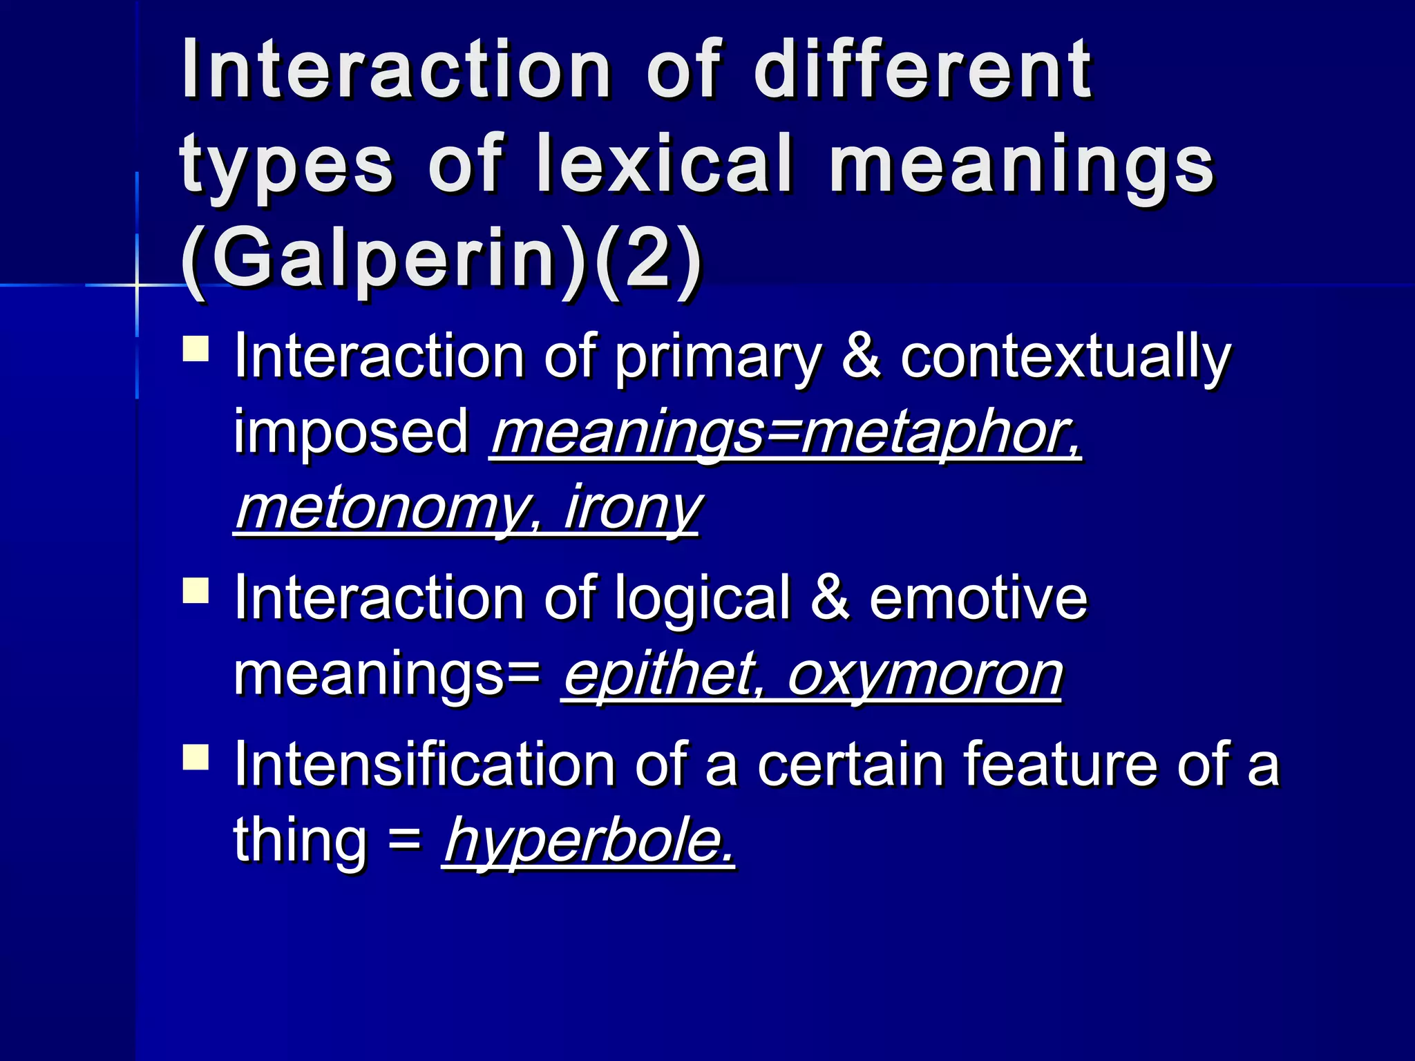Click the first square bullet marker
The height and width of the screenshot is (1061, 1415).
pyautogui.click(x=196, y=348)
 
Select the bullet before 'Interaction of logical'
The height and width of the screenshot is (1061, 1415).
pyautogui.click(x=196, y=591)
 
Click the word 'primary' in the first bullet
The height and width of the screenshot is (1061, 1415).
pyautogui.click(x=718, y=359)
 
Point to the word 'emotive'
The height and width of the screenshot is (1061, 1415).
pyautogui.click(x=978, y=598)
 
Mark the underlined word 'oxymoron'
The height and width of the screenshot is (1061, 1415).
pyautogui.click(x=924, y=676)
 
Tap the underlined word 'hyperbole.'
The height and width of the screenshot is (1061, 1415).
pyautogui.click(x=589, y=841)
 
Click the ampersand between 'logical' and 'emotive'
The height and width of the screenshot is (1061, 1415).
pyautogui.click(x=829, y=598)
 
